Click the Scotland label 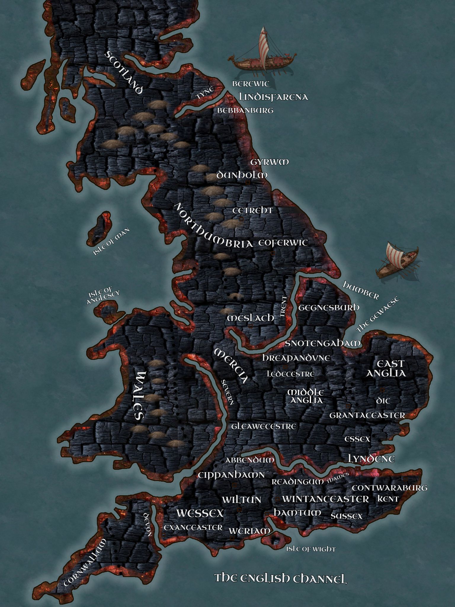(125, 72)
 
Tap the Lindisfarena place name (273, 97)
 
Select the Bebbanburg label (245, 111)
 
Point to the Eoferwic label (283, 243)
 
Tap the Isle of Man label (111, 241)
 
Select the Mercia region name (231, 366)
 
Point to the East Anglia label (386, 368)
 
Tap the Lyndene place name (371, 459)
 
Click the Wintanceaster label (325, 499)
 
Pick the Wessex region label (200, 513)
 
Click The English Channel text (280, 578)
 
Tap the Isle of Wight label (310, 549)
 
